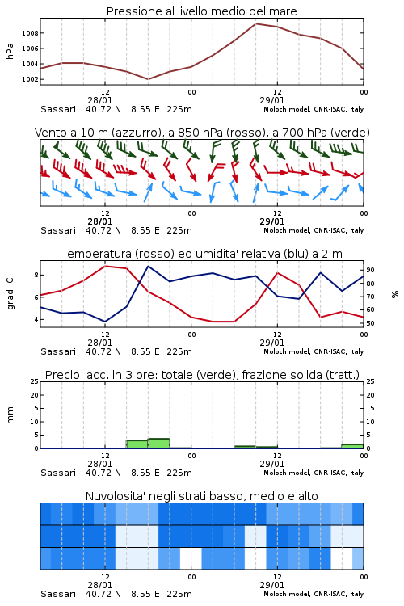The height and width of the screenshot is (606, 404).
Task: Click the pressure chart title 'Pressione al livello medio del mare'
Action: pos(201,11)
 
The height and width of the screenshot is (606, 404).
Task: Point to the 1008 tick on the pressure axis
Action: pos(30,33)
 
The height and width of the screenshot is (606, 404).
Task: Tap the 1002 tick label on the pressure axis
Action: pos(30,80)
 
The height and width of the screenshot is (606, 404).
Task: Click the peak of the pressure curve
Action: pos(255,23)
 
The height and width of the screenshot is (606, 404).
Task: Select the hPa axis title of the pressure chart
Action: pos(10,51)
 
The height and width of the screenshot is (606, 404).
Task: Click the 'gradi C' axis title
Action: pos(10,294)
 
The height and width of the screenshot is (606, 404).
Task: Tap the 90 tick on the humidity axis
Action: pos(370,270)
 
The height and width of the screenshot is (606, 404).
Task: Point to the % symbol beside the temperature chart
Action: pos(395,294)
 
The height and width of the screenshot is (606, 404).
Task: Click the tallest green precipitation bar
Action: pos(159,444)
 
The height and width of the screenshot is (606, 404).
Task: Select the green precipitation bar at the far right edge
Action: pos(352,446)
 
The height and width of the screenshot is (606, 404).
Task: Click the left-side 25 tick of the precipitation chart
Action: pos(35,381)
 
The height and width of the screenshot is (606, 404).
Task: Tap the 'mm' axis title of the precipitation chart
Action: pos(10,415)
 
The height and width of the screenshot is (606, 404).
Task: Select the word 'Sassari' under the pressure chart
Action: pos(58,109)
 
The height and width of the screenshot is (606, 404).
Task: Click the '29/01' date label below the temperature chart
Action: pos(272,343)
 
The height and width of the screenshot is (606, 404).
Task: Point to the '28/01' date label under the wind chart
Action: pos(100,222)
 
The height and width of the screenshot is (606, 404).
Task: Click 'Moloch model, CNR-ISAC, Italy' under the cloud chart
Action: pos(314,594)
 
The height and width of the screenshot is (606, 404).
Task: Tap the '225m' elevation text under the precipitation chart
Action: pos(179,473)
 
